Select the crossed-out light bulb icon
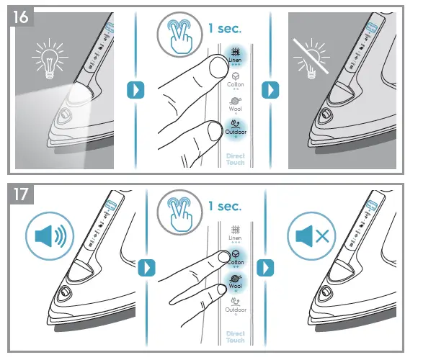pos(310,58)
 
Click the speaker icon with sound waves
pos(50,235)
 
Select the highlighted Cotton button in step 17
pos(235,258)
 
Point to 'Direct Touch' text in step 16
pos(235,159)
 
